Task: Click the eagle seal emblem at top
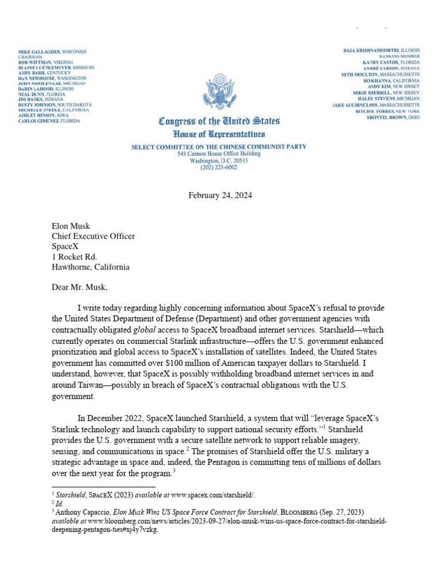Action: tap(219, 91)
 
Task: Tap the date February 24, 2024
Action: tap(220, 195)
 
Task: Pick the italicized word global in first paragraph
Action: tap(144, 330)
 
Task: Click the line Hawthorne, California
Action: tap(91, 267)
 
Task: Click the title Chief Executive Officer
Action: tap(94, 236)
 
